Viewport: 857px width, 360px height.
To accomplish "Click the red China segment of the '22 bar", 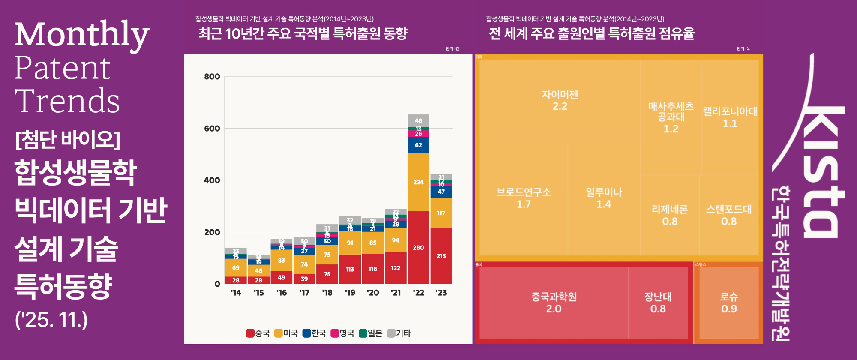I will tap(418, 247).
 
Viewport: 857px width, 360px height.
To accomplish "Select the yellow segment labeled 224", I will tap(418, 182).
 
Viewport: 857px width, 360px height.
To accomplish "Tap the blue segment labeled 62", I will tap(418, 145).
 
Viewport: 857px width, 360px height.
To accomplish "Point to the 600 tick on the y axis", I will tap(212, 129).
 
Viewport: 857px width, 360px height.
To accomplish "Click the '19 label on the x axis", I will tap(350, 293).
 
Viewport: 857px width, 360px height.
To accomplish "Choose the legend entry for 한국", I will tap(314, 333).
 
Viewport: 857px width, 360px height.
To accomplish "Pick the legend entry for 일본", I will tap(371, 333).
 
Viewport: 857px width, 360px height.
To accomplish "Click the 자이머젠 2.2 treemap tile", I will tap(560, 100).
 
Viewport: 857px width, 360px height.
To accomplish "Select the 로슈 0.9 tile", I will tap(728, 303).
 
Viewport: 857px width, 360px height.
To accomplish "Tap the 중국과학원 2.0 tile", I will tap(554, 303).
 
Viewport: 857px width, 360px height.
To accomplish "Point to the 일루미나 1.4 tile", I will tap(604, 198).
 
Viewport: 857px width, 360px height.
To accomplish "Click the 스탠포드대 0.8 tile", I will tap(728, 215).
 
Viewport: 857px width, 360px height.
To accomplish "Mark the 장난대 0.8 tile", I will tap(658, 303).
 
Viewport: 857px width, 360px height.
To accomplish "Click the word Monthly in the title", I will tap(82, 34).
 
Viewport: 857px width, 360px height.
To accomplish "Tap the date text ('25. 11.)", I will tap(51, 320).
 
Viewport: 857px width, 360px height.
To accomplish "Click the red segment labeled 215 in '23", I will tap(441, 256).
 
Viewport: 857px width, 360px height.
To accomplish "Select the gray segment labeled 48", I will tap(418, 121).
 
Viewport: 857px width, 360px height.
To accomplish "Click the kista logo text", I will tap(821, 146).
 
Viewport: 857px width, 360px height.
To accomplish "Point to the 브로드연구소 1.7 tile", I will tap(524, 198).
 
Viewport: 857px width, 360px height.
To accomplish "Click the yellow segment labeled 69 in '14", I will tap(236, 267).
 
